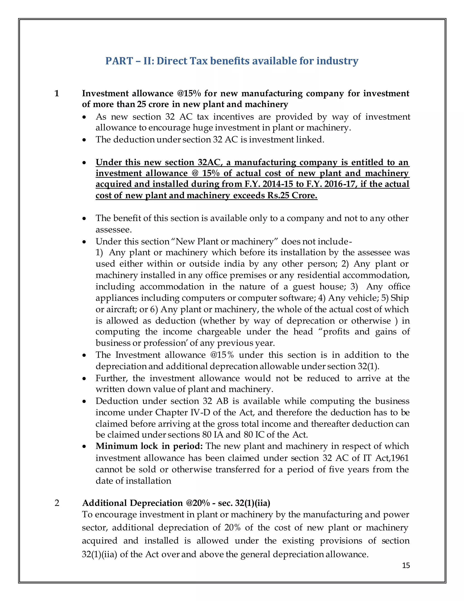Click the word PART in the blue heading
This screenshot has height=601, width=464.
(117, 61)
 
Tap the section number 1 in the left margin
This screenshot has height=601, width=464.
(57, 94)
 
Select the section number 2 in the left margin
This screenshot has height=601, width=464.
(57, 503)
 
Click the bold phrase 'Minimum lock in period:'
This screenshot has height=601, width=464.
(149, 446)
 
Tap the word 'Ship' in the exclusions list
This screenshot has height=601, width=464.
(400, 298)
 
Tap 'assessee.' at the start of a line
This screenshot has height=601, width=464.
(114, 230)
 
